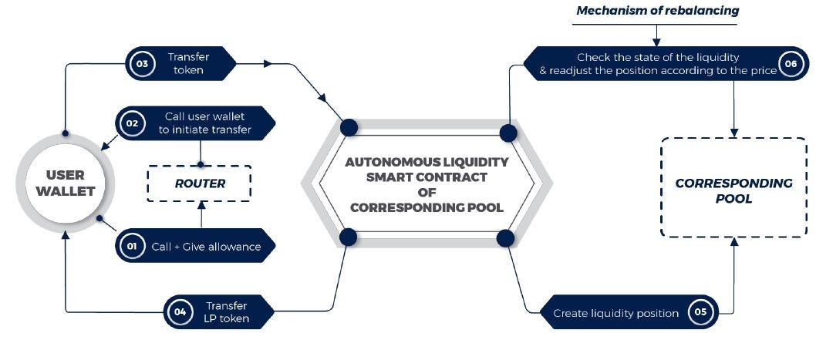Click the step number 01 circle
pos(132,247)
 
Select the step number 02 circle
pos(132,123)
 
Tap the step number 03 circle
pos(142,64)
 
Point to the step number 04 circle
pos(180,312)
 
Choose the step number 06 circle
pos(791,64)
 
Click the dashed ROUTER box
pos(199,183)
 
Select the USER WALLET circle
pos(65,183)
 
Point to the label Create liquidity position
pos(616,313)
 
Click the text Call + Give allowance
pos(206,247)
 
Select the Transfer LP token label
pos(228,312)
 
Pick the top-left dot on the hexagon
pos(348,127)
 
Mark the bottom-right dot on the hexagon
pos(506,237)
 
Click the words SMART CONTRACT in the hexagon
pos(427,177)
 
